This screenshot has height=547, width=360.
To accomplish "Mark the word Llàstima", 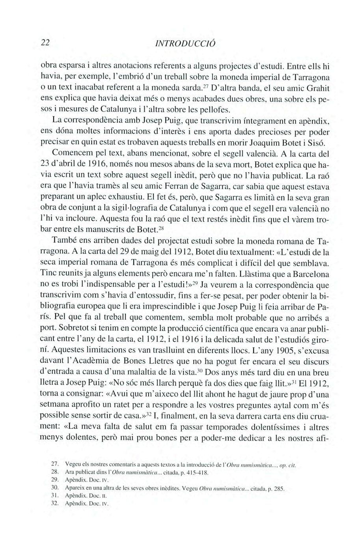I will click(x=235, y=273).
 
